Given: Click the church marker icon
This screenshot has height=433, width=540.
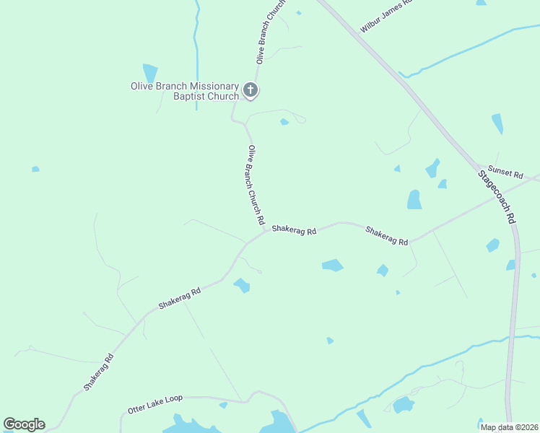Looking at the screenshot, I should (x=250, y=90).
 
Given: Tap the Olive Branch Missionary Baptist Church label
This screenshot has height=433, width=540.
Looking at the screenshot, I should (x=185, y=91).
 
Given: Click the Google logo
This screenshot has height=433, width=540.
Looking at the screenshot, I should (x=24, y=424).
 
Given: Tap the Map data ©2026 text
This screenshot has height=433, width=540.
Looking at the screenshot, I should (x=509, y=427).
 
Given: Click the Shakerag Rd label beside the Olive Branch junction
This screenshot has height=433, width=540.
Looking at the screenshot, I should (x=294, y=232).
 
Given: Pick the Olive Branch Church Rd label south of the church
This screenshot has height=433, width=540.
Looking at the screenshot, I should (x=255, y=183).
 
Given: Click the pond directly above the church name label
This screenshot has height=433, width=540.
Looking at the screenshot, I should (x=150, y=73).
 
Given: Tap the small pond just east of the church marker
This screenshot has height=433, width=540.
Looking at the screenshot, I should (x=284, y=121).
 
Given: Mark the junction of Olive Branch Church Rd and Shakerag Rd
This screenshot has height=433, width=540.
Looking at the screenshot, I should (x=266, y=230).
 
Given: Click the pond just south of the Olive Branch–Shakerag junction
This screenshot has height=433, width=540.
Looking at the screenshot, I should (x=242, y=286).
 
